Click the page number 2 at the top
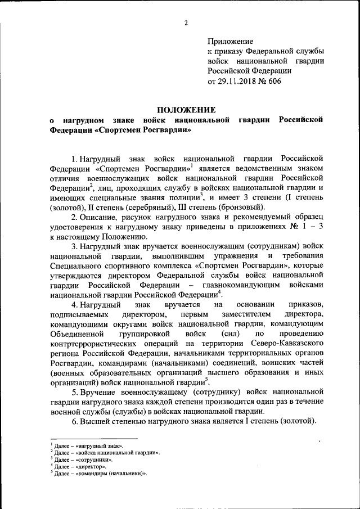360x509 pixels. coord(185,23)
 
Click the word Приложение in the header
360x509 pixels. coord(231,41)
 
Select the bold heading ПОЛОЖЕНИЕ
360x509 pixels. coord(186,109)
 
